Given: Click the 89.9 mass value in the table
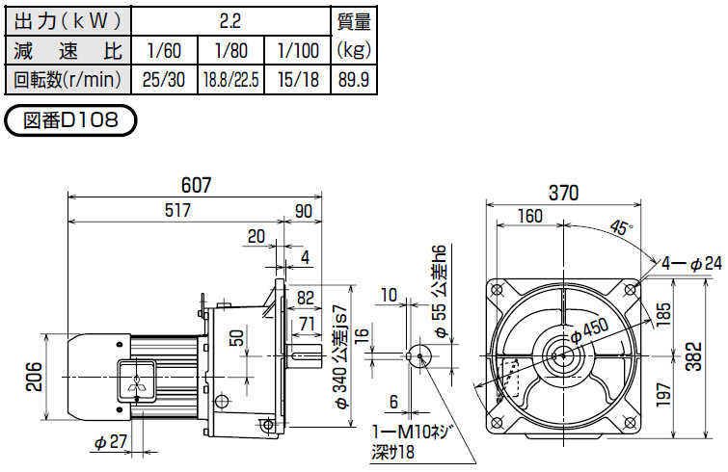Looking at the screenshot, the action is [x=354, y=80].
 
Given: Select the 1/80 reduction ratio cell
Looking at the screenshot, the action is [x=231, y=50].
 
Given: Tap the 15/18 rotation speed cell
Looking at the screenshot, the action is [x=298, y=80].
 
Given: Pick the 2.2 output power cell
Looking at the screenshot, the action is [x=230, y=21].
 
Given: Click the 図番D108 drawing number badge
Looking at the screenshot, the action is [x=70, y=120].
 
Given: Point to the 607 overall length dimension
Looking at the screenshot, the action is [x=196, y=185].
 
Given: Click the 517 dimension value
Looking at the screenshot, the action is [x=177, y=210].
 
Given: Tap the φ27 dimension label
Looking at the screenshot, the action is [x=111, y=442].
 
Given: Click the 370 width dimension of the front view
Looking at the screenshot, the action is [x=563, y=193].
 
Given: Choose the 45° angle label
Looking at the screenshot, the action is [x=621, y=227].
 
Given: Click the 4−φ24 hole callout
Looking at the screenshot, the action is [x=691, y=264].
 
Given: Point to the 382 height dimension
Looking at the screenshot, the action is [x=694, y=356].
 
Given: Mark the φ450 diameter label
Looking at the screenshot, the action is [x=589, y=330].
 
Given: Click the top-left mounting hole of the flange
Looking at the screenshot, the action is [x=497, y=289].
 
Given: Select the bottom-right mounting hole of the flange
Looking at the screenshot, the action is [x=630, y=423].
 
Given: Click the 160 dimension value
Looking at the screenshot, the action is [x=529, y=216].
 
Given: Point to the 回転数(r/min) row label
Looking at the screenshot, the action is [x=67, y=80].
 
